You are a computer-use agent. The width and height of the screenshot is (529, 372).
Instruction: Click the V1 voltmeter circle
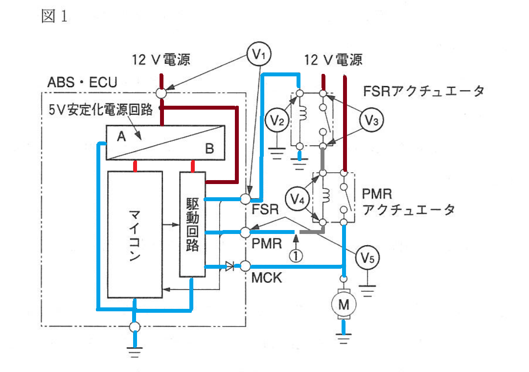(x=259, y=54)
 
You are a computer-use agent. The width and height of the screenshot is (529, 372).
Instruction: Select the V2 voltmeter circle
(x=277, y=120)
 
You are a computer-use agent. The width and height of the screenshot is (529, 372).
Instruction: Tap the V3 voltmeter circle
(x=371, y=119)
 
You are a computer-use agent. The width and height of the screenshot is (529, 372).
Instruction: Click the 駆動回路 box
(x=192, y=224)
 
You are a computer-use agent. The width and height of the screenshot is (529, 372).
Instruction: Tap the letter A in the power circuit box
(x=121, y=137)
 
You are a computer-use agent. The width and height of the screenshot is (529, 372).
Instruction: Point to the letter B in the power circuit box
(x=209, y=148)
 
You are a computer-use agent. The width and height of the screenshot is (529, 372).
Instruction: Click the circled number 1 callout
(x=296, y=256)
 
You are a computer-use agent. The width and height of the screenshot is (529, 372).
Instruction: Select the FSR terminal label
(x=265, y=209)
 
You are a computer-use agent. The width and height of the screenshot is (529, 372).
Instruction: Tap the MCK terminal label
(x=267, y=278)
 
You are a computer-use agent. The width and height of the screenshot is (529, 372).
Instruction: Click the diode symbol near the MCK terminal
(x=230, y=266)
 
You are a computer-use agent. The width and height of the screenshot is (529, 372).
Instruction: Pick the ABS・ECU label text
(x=82, y=82)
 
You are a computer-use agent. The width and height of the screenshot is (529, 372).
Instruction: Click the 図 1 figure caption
(x=54, y=16)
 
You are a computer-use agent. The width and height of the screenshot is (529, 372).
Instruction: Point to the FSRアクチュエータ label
(x=424, y=91)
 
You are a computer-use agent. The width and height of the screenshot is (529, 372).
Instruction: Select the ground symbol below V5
(x=368, y=291)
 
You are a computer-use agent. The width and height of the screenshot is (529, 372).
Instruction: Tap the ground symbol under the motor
(x=344, y=338)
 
